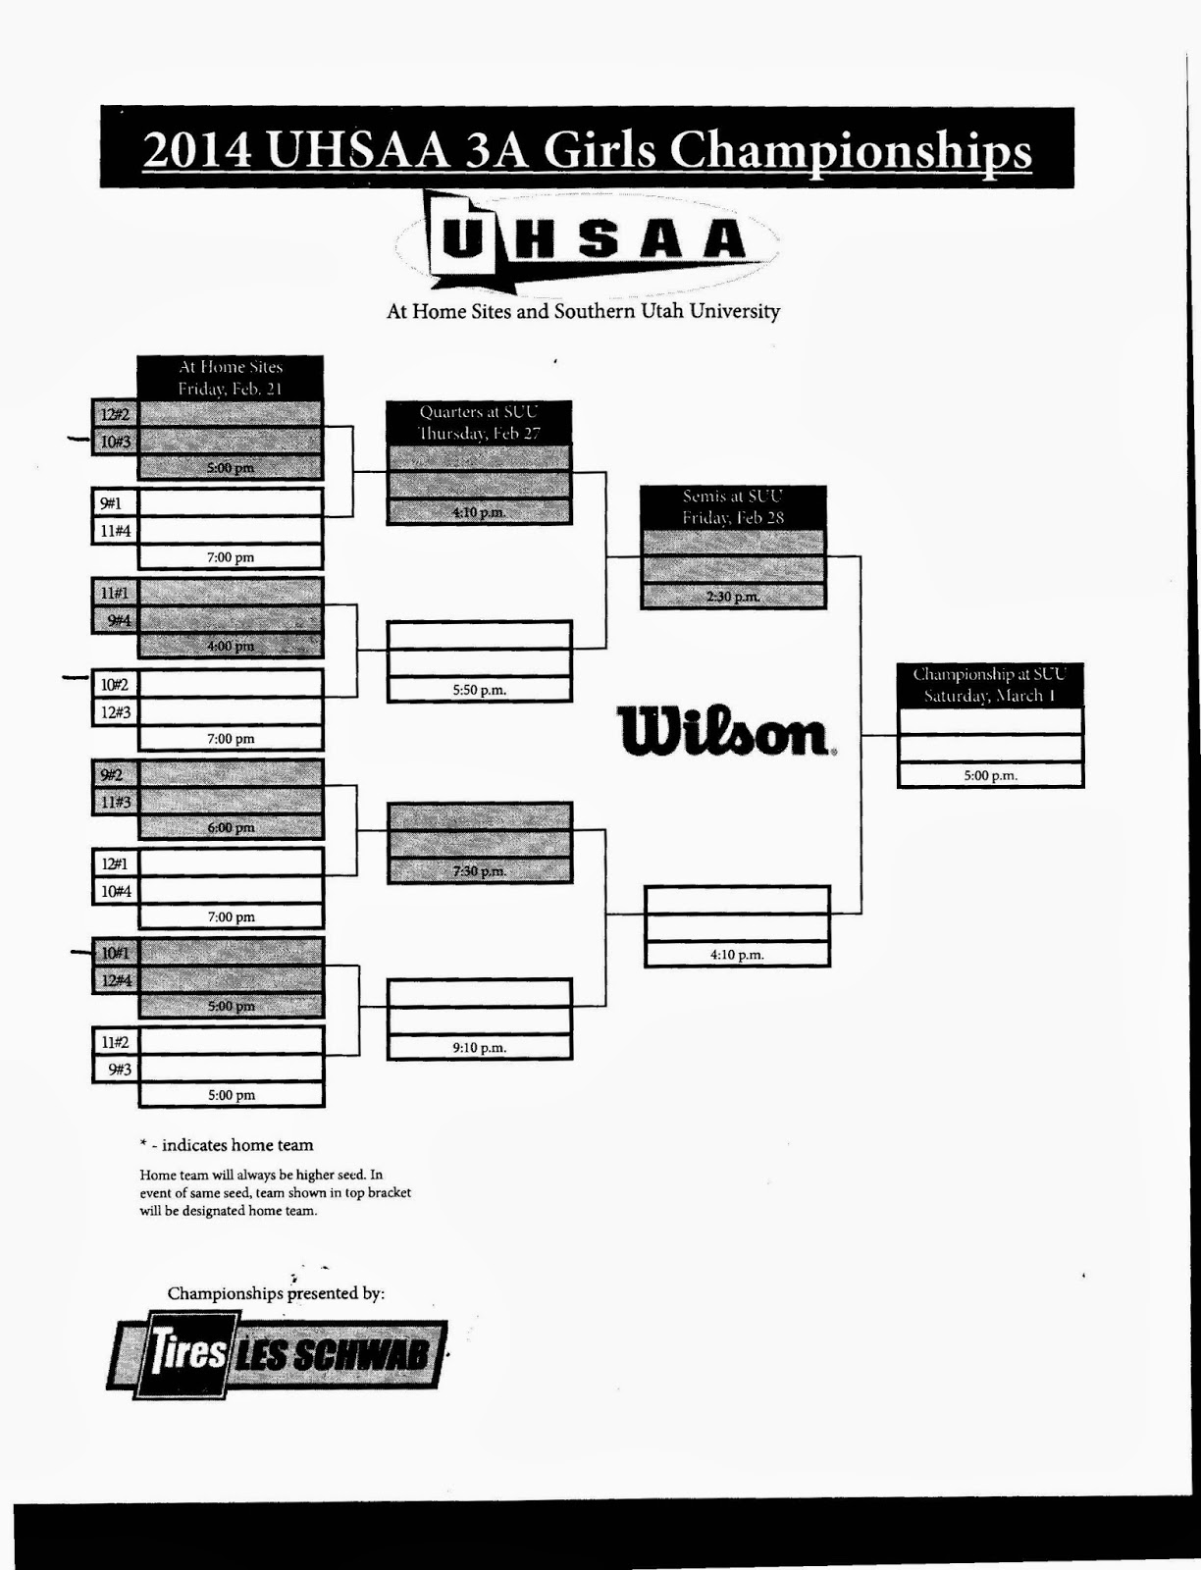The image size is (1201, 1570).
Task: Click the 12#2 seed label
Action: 115,414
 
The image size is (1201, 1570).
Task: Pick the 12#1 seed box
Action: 115,863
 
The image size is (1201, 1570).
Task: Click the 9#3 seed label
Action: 118,1069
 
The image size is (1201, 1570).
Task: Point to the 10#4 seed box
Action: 115,891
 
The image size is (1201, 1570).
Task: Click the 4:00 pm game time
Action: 231,646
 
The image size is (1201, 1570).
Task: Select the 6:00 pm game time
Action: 231,827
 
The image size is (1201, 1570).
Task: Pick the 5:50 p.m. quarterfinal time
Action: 479,690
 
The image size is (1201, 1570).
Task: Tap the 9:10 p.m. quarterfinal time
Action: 479,1048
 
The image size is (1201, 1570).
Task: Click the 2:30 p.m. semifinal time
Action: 732,597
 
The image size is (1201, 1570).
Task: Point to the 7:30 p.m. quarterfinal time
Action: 479,871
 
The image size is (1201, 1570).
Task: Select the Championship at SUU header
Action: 989,685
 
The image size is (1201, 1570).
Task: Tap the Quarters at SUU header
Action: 479,423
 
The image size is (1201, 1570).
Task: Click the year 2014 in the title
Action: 197,150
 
